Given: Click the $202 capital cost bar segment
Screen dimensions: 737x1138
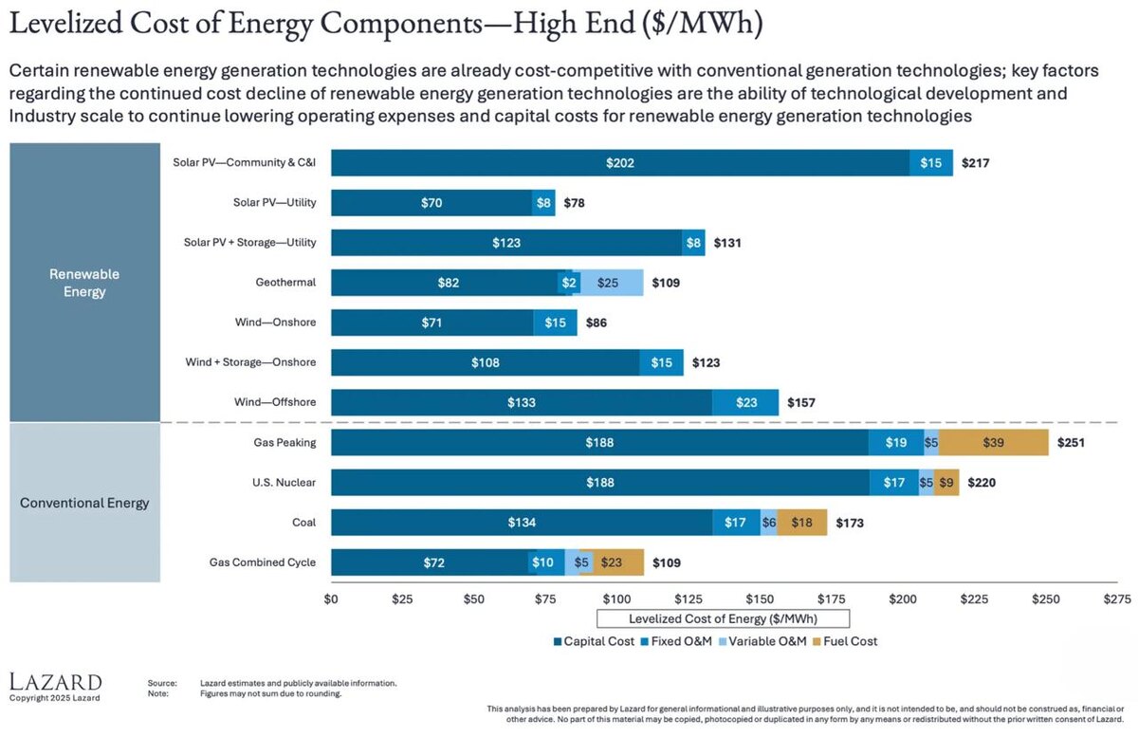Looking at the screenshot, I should [x=620, y=163].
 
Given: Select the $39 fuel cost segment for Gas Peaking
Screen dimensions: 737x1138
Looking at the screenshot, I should [x=993, y=442].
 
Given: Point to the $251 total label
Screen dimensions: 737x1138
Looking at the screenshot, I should [x=1071, y=442].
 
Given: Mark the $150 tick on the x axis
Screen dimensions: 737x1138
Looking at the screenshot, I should [x=760, y=599].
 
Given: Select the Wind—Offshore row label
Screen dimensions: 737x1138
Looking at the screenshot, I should [x=275, y=402].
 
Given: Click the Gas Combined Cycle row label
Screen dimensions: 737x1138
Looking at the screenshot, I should [x=263, y=562].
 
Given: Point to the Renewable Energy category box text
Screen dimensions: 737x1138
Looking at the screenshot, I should [x=84, y=283].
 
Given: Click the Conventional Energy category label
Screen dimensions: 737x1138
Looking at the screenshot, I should [x=84, y=503].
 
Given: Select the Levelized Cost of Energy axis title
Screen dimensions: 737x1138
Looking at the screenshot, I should [x=723, y=618].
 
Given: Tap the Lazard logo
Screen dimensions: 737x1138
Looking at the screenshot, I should [x=55, y=683].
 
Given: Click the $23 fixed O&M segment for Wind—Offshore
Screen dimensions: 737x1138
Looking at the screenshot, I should [x=745, y=402].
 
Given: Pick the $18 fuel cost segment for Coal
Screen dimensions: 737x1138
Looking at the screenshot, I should [x=801, y=522].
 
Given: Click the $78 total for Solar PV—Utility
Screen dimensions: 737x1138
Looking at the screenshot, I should [x=575, y=203].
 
